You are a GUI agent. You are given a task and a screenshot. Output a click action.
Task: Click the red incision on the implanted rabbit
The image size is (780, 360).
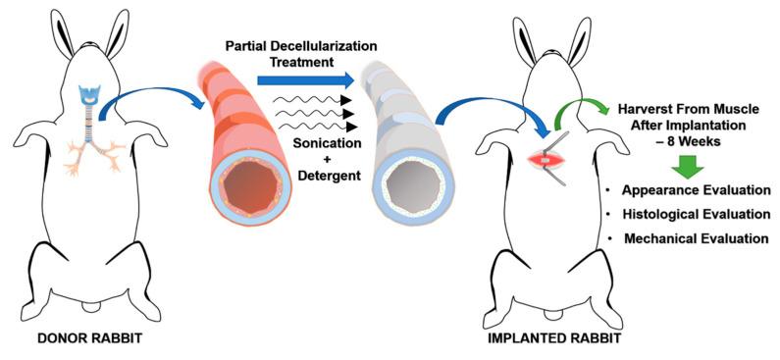coord(542,158)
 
